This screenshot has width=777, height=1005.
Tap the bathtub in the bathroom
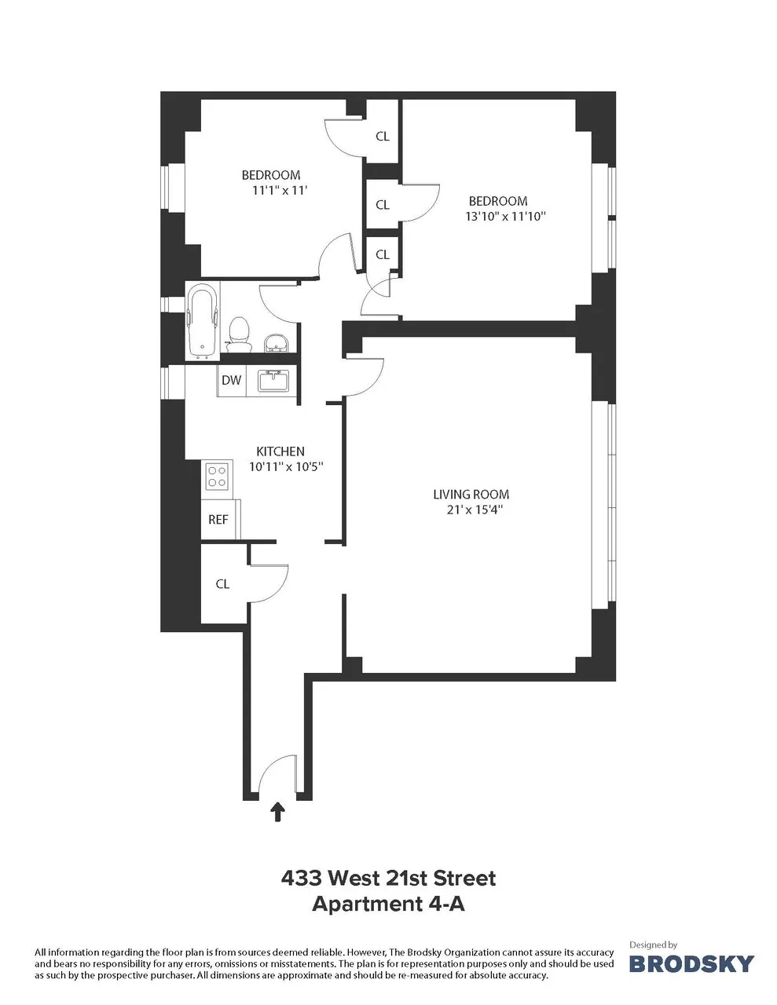click(203, 323)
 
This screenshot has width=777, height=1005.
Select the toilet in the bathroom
click(237, 333)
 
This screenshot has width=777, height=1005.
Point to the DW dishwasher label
click(231, 382)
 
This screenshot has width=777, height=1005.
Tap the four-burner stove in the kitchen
click(218, 474)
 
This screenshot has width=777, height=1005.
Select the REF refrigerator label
click(218, 520)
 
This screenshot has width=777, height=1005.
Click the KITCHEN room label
click(280, 451)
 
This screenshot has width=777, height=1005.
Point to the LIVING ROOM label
click(471, 495)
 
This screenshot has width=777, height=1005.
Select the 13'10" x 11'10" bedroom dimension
click(505, 216)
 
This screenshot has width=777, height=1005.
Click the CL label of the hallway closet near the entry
click(222, 584)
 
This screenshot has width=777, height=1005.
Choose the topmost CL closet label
click(383, 136)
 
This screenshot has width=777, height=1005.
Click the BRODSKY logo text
click(692, 963)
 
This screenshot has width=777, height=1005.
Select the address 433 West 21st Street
click(388, 878)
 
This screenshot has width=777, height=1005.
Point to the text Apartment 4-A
click(388, 904)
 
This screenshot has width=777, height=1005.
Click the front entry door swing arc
click(270, 774)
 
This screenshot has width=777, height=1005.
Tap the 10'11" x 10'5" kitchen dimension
click(286, 466)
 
